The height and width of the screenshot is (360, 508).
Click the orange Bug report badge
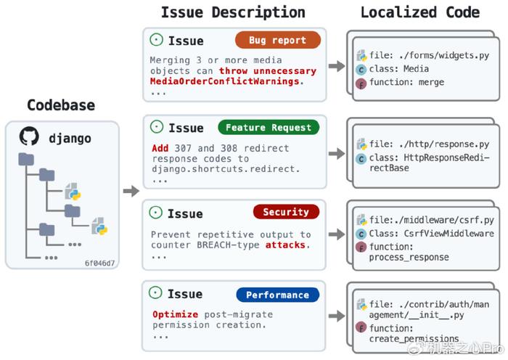click(x=278, y=40)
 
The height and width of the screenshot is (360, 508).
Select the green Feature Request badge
click(x=269, y=127)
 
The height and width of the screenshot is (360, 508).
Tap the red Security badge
click(x=286, y=212)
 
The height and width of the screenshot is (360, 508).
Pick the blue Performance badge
click(x=278, y=295)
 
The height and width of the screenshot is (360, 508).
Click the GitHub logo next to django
click(x=29, y=136)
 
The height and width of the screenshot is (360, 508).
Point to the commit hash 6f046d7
click(x=100, y=263)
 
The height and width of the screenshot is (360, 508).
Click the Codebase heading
click(x=61, y=105)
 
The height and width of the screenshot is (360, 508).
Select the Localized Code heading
click(x=420, y=12)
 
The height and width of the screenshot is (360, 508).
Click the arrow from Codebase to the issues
click(x=131, y=191)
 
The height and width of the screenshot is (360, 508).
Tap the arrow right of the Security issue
click(x=337, y=234)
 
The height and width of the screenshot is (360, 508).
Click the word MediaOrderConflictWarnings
click(x=224, y=81)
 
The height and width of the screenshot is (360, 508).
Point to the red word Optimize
click(x=176, y=314)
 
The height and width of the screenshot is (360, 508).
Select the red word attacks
click(x=285, y=245)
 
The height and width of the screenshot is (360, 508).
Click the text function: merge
click(x=406, y=82)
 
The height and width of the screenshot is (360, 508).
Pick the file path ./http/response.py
click(x=444, y=144)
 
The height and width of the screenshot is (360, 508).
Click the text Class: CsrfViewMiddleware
click(x=432, y=234)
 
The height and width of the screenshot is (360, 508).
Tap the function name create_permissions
click(x=414, y=339)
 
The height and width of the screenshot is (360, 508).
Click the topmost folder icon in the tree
click(x=26, y=159)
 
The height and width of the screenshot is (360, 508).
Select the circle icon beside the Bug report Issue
click(x=157, y=40)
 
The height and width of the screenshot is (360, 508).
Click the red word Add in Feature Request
click(x=160, y=148)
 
